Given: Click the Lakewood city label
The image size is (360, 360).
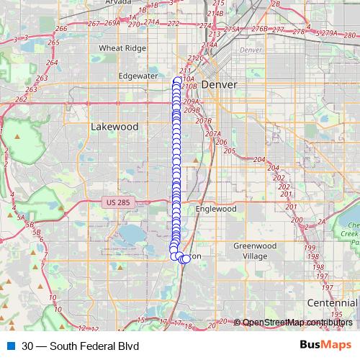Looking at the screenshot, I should coord(114,126).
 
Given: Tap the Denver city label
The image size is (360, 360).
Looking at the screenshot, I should coord(219,84).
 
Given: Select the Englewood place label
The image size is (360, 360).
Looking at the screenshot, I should coord(216,209).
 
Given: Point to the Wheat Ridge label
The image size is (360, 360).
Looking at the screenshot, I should coord(122,48).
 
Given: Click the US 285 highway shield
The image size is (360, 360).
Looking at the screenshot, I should coord(116,203).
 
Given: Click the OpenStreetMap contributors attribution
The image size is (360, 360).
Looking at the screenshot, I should coord(297,323).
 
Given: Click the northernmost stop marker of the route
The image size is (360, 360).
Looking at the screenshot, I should coord(178,81).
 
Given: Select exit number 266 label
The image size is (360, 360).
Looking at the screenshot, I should coord(61,29).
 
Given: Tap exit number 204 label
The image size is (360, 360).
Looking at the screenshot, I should coord(259,159).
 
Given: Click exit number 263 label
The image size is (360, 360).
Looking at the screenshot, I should coord(30,90).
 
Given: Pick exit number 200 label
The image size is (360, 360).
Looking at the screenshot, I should coord(296,220).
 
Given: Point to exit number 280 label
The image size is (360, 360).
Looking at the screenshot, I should coord(350,35).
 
